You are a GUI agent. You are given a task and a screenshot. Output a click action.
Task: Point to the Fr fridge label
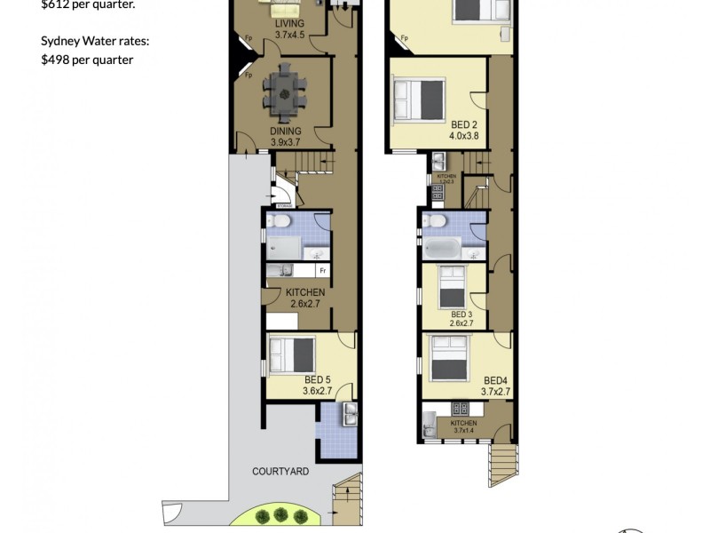click(323, 270)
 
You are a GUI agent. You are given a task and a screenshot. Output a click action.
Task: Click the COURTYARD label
click(280, 472)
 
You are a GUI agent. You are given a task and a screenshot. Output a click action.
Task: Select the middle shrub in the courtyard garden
click(281, 513)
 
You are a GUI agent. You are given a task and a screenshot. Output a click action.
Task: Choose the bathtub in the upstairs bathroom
click(442, 248)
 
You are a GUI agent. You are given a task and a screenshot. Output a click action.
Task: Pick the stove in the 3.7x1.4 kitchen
click(461, 410)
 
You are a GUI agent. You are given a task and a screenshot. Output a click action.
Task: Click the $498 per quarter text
click(87, 60)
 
